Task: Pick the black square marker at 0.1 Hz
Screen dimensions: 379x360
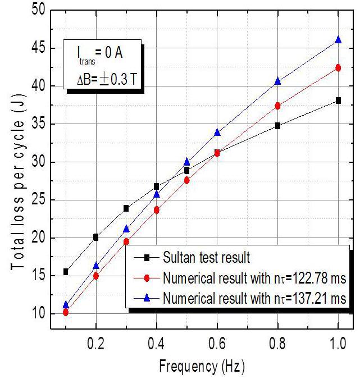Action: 66,272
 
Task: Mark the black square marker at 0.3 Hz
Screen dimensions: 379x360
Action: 126,208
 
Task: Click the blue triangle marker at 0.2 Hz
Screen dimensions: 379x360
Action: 96,266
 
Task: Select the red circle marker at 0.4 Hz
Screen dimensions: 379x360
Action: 157,210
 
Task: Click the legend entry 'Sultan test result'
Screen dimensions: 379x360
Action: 197,258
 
